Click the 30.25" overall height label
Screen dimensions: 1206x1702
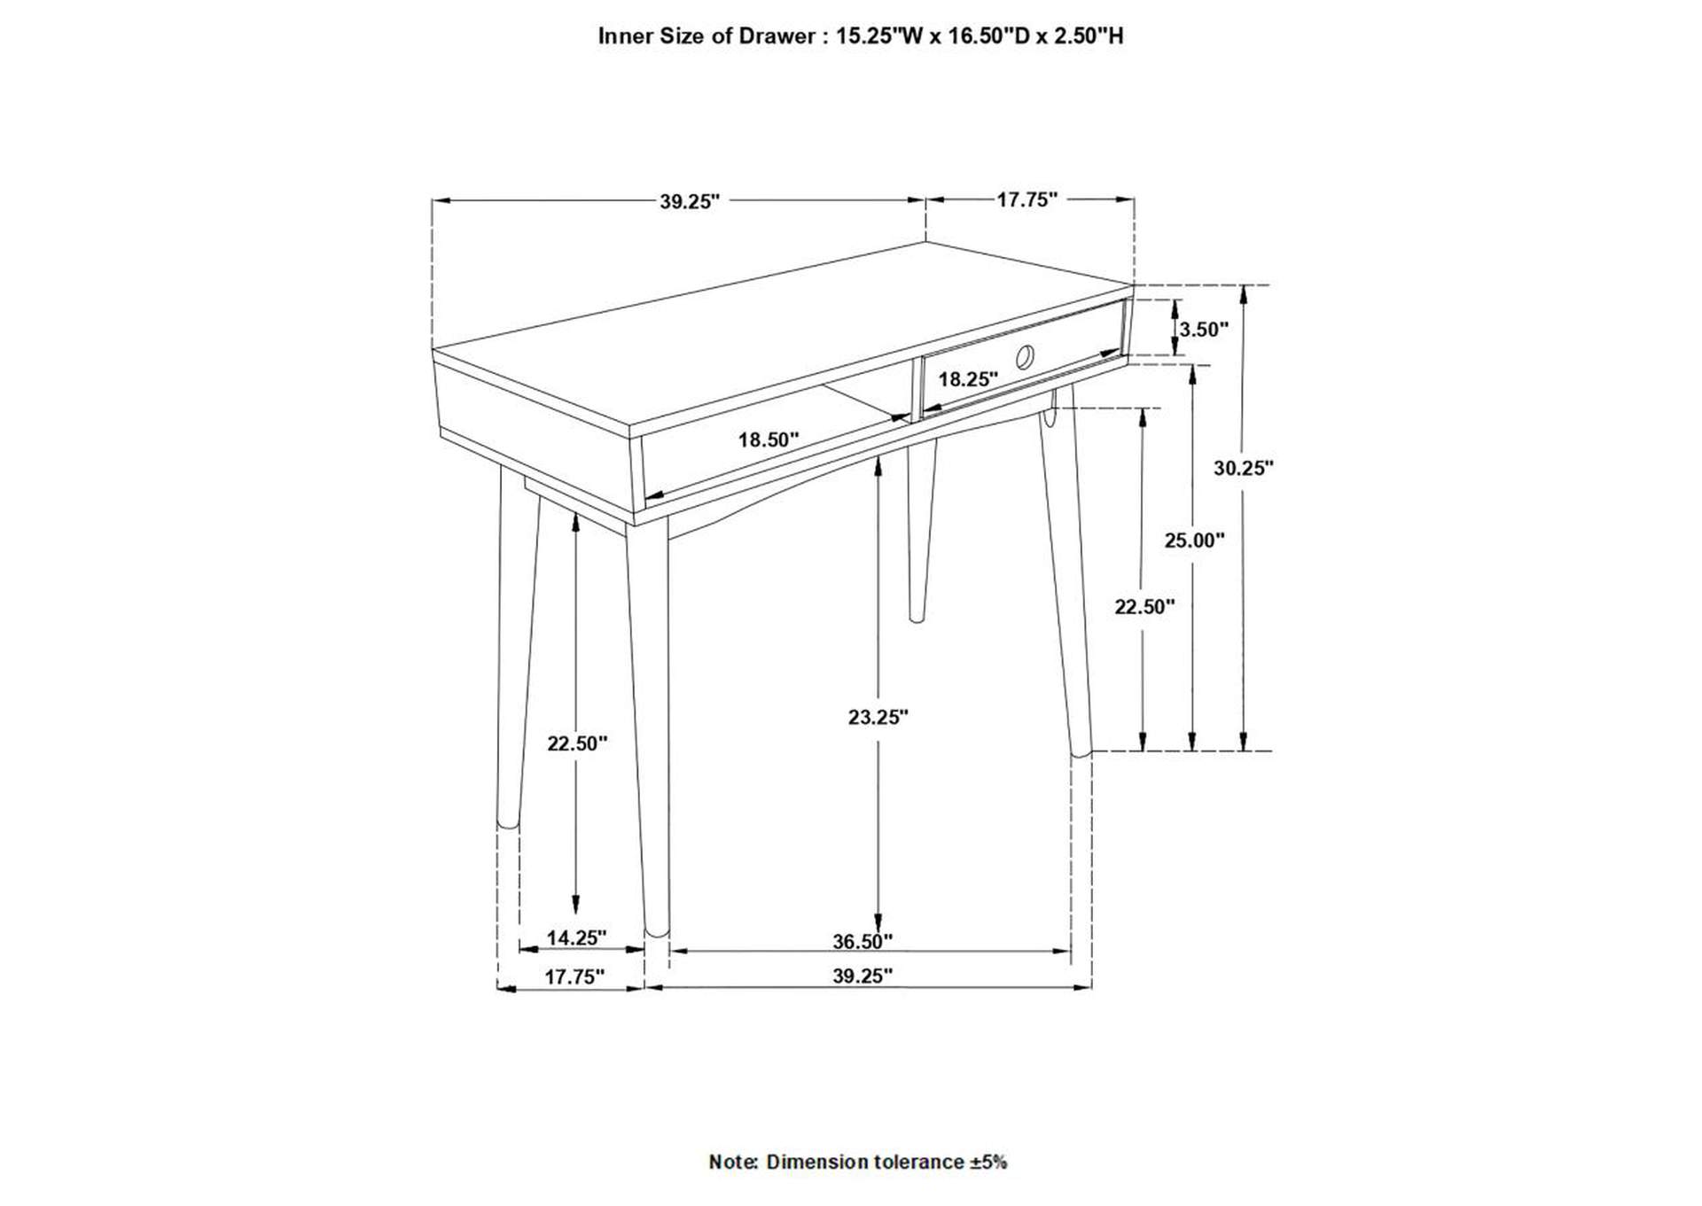click(1243, 468)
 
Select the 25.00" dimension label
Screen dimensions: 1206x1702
click(1194, 540)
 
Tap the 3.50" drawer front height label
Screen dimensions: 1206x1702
click(1203, 330)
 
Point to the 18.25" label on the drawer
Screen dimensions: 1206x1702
click(968, 379)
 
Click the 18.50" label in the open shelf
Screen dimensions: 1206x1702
click(769, 439)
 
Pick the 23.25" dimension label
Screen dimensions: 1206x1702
click(878, 718)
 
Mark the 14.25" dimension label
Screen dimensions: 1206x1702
click(576, 937)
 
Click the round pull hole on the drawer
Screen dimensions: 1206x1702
click(1025, 356)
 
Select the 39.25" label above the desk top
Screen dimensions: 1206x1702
click(689, 202)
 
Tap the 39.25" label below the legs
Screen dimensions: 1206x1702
click(862, 976)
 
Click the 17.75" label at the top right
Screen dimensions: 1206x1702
click(1027, 199)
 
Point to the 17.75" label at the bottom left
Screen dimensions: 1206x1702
click(574, 976)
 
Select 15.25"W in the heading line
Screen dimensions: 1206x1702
click(878, 36)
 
